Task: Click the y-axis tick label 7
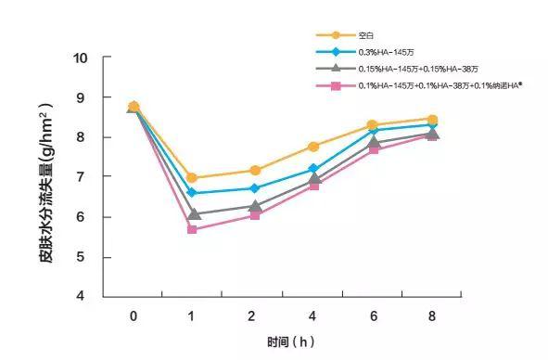pos(83,177)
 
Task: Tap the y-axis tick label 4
pos(83,297)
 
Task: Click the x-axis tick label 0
pos(134,316)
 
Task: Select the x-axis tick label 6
pos(373,316)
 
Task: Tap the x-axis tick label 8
pos(432,316)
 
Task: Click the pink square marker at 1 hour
pos(192,229)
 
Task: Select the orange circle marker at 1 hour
pos(192,177)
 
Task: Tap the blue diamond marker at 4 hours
pos(313,170)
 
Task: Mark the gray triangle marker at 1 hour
pos(192,213)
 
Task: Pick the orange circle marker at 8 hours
pos(433,119)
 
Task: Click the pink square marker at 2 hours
pos(253,214)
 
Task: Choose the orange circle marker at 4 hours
pos(313,147)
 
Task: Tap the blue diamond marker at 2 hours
pos(253,188)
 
